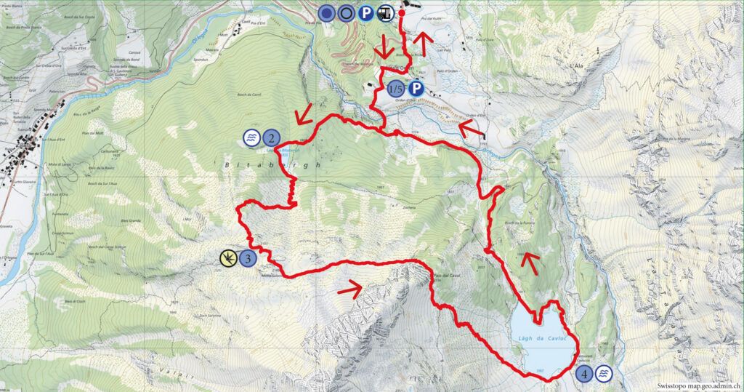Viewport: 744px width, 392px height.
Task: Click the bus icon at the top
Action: tap(386, 12)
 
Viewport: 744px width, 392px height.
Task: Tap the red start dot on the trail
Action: tap(402, 12)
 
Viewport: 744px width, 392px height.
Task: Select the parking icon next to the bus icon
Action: tap(367, 12)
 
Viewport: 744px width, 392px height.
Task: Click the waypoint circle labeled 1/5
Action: tap(397, 89)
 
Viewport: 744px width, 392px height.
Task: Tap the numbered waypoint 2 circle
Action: tap(271, 137)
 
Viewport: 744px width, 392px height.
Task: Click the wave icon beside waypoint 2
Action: tap(251, 137)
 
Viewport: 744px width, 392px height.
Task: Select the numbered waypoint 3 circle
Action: tap(248, 257)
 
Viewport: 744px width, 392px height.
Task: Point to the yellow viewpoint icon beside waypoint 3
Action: tap(228, 257)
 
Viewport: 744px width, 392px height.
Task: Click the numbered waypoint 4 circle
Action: tap(585, 374)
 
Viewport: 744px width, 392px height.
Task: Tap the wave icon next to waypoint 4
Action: tap(604, 374)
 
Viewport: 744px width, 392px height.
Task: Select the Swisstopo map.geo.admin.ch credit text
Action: tap(697, 386)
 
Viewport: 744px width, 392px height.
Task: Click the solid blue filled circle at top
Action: tap(328, 12)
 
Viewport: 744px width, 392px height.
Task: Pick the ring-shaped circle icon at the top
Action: tap(347, 12)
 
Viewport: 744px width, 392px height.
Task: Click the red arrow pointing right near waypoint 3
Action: tap(350, 289)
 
